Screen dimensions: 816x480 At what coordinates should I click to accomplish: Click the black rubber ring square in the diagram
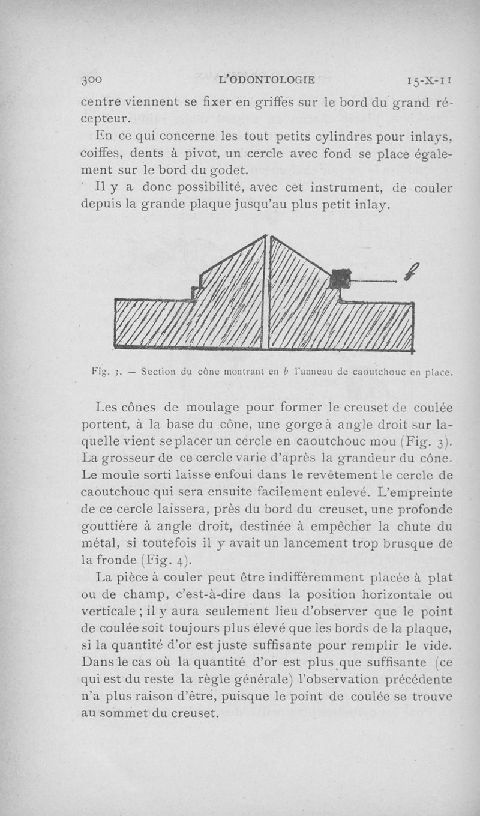point(340,279)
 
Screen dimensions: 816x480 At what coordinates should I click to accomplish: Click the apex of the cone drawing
point(268,237)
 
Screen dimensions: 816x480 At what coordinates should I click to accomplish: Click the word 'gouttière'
point(109,528)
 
